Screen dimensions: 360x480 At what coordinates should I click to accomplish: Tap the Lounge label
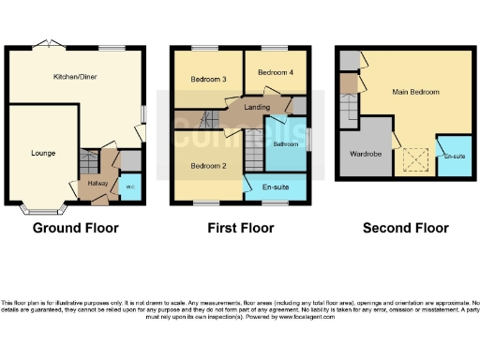[42, 153]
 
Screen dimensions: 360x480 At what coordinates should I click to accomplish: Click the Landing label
[257, 108]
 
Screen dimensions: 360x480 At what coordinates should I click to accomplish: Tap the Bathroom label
[286, 143]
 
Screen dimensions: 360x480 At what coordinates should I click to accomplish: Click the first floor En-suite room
[275, 187]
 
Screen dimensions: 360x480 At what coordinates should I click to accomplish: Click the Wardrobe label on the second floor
[367, 155]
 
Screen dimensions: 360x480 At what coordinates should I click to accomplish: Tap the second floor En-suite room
[454, 156]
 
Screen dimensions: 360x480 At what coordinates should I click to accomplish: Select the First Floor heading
[240, 228]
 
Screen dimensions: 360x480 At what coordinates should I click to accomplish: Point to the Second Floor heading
[406, 228]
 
